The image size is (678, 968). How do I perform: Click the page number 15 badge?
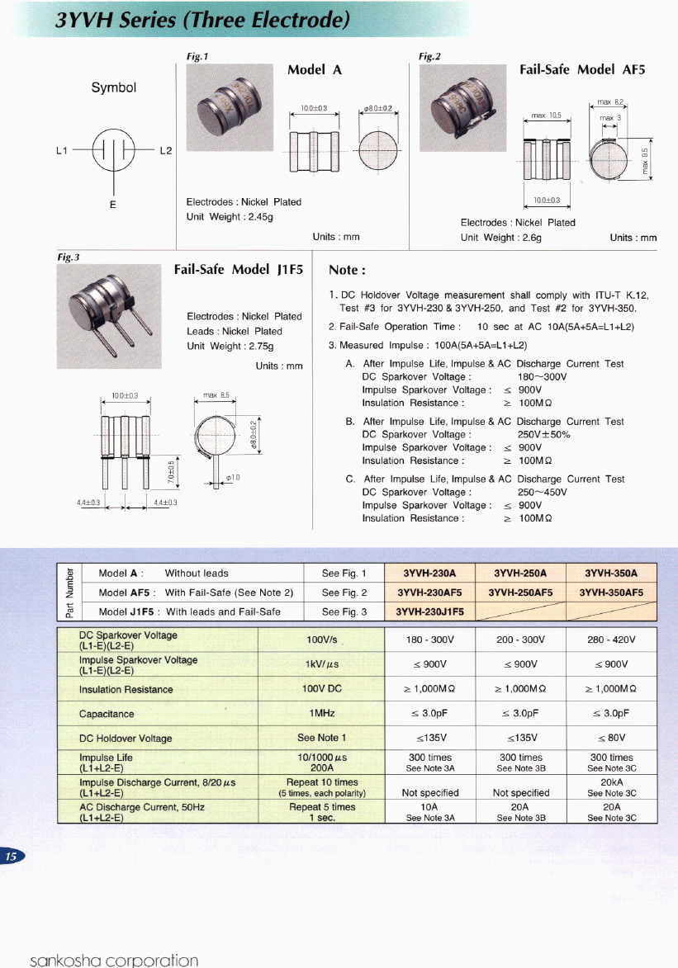tap(12, 857)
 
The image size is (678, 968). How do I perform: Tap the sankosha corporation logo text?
tap(114, 960)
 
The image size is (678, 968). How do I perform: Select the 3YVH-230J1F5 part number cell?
tap(429, 611)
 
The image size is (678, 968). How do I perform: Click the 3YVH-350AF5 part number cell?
tap(611, 592)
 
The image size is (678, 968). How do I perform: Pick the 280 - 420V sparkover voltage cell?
tap(611, 640)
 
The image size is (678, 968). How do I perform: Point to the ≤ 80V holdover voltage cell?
tap(611, 738)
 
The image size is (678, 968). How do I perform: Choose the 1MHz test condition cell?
tap(322, 713)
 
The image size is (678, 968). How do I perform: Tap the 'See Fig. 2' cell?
tap(344, 592)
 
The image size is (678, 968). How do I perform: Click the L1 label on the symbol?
tap(60, 151)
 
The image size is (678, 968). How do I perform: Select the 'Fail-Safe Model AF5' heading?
tap(581, 70)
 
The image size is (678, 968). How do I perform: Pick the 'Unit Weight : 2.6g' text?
tap(500, 238)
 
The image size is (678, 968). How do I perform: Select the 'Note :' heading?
tap(347, 270)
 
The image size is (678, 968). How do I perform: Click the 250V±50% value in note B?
tap(544, 434)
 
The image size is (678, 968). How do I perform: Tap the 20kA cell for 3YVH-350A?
tap(611, 781)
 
